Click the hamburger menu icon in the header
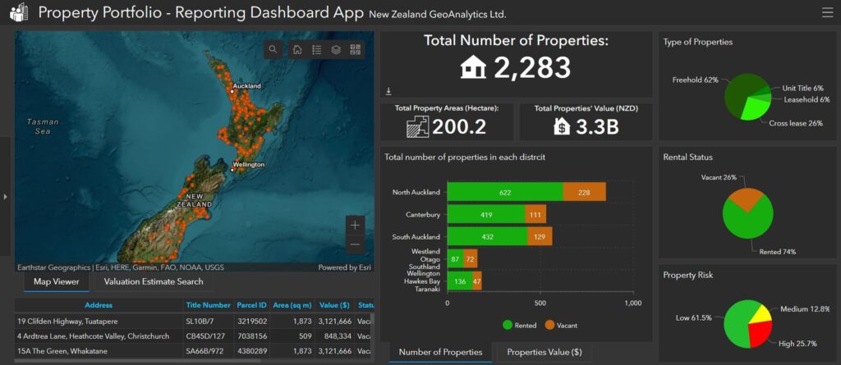(x=826, y=12)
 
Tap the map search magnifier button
(x=273, y=50)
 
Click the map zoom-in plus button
(x=355, y=224)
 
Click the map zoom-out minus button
(x=355, y=244)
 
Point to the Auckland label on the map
(x=246, y=86)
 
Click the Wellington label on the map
(x=249, y=165)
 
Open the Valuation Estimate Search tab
(x=153, y=282)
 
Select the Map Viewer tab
(x=56, y=282)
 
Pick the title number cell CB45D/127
(x=205, y=335)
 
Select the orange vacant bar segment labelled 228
(x=584, y=192)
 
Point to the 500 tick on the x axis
(x=540, y=303)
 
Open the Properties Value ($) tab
(x=544, y=352)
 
